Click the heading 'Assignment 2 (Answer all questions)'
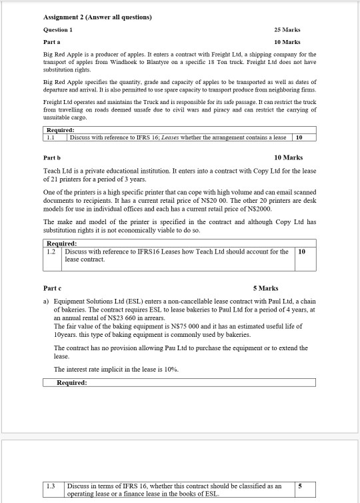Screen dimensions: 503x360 pos(97,17)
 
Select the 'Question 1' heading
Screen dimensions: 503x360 pos(58,30)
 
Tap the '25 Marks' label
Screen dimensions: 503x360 pos(287,30)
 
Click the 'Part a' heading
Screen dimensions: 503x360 pos(51,41)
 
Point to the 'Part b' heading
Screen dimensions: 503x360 pos(52,157)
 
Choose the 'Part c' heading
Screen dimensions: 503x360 pos(51,288)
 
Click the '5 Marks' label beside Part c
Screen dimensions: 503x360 pos(265,288)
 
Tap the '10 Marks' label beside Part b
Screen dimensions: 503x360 pos(288,157)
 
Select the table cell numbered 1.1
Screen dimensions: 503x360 pos(51,137)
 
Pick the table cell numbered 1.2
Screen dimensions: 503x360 pos(51,252)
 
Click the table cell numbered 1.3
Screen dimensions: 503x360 pos(51,486)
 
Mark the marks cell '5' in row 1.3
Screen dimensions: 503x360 pos(300,486)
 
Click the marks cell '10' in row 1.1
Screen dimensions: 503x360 pos(299,137)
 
